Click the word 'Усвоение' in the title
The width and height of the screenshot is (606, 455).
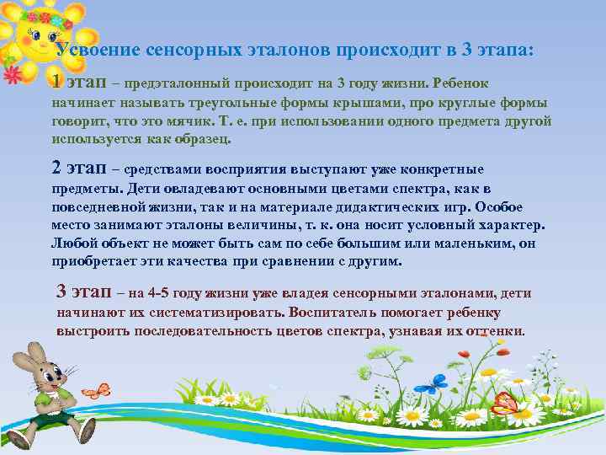tap(94, 50)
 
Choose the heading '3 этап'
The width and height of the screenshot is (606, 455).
tap(86, 292)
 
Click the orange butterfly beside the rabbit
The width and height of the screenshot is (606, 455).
tap(98, 390)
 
